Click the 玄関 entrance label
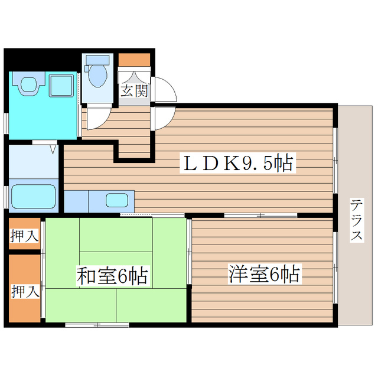(x=135, y=90)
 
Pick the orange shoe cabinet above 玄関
(x=135, y=60)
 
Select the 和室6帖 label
(x=112, y=275)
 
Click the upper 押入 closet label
(x=24, y=236)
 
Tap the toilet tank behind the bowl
(x=96, y=60)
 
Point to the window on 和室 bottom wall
(x=97, y=324)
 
